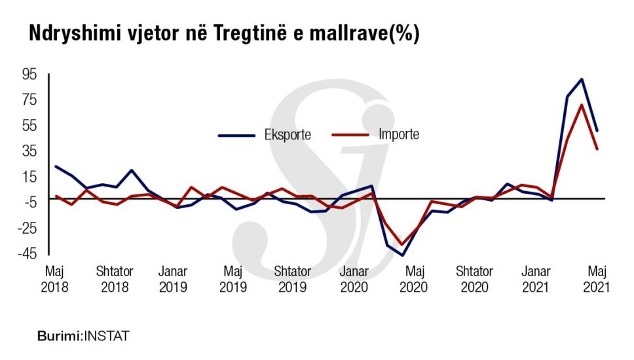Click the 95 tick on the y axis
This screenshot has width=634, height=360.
31,74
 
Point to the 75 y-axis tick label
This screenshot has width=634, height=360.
31,99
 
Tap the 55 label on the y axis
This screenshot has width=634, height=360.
31,125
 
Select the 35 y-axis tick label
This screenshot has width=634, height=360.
31,151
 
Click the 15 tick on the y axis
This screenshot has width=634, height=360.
31,176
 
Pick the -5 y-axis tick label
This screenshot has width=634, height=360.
30,202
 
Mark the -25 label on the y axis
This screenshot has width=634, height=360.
28,228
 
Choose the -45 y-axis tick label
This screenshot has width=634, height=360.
28,253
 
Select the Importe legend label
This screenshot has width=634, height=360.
398,135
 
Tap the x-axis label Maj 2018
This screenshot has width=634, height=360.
54,279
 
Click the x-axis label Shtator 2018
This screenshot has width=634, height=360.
115,279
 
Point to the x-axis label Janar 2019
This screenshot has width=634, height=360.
173,279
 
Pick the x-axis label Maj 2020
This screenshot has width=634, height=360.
414,279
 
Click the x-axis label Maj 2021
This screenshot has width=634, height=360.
596,279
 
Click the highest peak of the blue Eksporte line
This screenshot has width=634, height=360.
582,79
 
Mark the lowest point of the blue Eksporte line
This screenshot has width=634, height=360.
402,255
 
